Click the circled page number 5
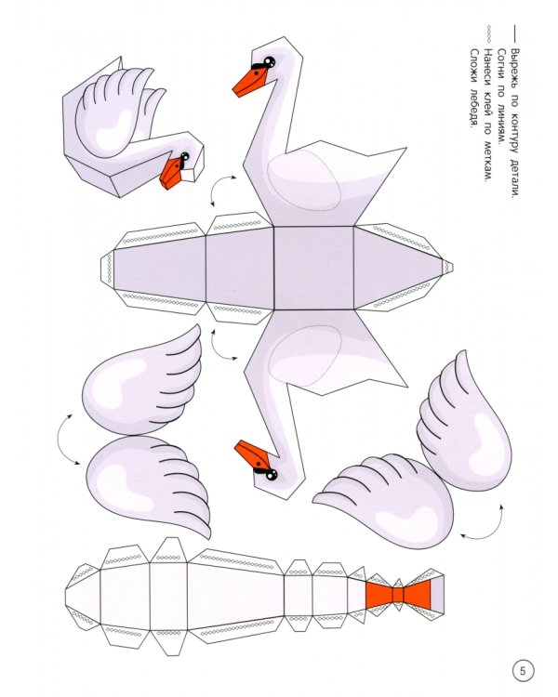523,670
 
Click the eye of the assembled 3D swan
184,156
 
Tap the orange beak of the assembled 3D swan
171,174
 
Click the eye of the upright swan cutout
269,61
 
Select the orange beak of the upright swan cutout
249,82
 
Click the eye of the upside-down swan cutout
271,474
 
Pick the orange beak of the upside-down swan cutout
252,454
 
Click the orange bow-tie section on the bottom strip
398,595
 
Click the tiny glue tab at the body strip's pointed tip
447,267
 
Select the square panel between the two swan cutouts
313,268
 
